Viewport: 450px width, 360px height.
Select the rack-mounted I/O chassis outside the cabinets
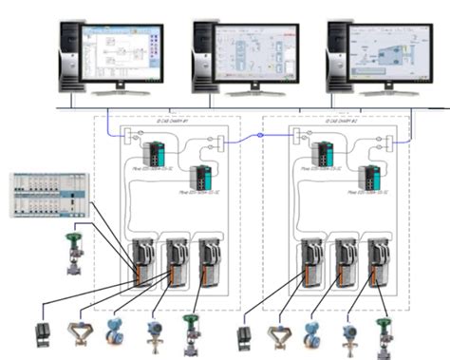click(49, 195)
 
